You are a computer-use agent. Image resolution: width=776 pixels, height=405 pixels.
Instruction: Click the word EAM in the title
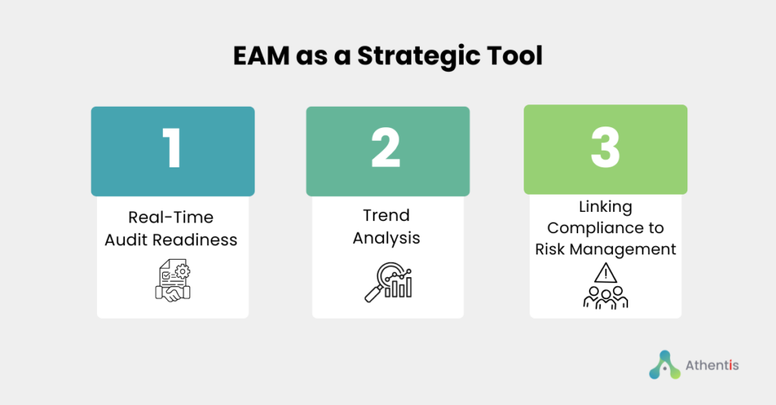tap(261, 55)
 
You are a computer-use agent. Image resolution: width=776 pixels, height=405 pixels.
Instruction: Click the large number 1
tap(172, 148)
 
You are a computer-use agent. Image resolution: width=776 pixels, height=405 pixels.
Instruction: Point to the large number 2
tap(386, 148)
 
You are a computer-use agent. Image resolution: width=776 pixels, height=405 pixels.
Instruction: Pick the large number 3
tap(605, 148)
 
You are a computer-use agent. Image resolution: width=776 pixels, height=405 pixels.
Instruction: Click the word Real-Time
tap(171, 217)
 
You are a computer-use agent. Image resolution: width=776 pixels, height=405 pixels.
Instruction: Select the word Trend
tap(386, 215)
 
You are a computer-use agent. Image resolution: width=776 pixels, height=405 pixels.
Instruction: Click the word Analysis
tap(386, 238)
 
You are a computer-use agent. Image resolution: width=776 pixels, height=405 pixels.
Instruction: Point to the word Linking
tap(605, 207)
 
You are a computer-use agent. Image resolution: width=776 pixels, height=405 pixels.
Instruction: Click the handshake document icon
tap(173, 280)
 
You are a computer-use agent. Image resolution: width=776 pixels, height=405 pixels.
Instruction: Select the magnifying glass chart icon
tap(389, 282)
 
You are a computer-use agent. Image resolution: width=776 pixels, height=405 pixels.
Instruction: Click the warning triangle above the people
tap(605, 273)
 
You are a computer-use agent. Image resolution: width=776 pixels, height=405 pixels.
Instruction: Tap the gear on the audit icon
tap(183, 271)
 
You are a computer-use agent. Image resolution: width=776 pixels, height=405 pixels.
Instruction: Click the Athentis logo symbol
tap(665, 365)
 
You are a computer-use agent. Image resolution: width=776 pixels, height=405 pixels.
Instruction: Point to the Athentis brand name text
tap(712, 366)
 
